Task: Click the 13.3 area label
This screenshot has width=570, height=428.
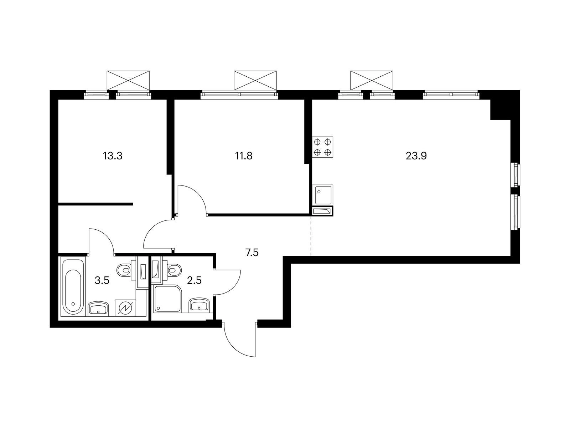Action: (113, 156)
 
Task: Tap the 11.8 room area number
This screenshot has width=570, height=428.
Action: (244, 156)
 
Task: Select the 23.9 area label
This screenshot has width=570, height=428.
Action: (416, 156)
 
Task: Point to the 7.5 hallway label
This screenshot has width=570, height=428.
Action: (252, 253)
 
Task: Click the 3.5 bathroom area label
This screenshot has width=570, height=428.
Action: (102, 281)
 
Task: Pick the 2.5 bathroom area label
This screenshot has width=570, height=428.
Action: (194, 281)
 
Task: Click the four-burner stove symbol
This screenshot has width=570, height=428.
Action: (322, 147)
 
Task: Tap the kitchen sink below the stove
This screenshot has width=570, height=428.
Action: (322, 195)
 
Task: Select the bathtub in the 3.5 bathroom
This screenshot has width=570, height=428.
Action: (73, 286)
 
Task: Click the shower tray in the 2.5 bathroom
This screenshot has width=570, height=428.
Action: (167, 298)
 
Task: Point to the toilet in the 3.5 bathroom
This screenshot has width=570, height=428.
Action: (125, 270)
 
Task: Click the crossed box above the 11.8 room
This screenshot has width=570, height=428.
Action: (255, 80)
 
